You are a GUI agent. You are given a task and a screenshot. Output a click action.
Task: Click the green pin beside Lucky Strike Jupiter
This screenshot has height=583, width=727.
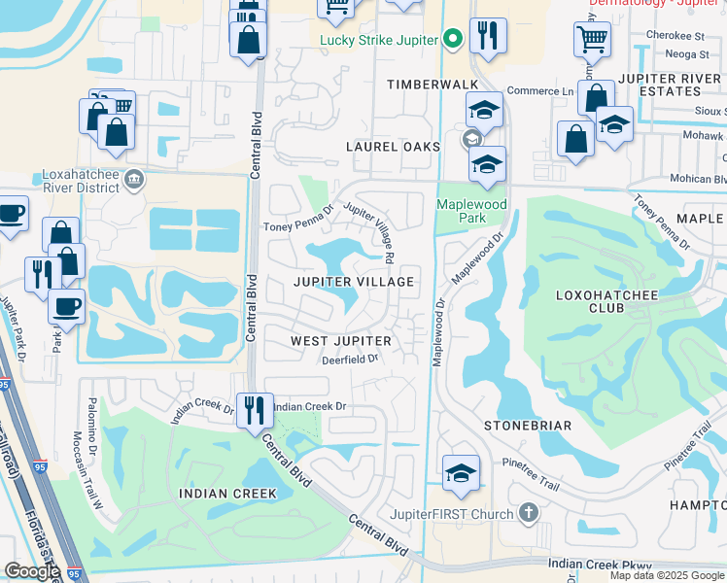(x=451, y=40)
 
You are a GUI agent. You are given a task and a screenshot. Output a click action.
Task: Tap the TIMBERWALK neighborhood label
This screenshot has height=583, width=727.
(x=433, y=86)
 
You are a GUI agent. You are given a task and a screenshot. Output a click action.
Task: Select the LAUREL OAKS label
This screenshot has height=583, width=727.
(x=394, y=147)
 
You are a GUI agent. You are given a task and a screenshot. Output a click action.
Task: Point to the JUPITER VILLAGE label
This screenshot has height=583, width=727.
(x=354, y=282)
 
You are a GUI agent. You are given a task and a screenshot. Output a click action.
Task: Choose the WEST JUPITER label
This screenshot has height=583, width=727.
(x=341, y=341)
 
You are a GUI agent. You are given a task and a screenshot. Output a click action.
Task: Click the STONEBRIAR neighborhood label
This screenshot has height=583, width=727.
(x=528, y=426)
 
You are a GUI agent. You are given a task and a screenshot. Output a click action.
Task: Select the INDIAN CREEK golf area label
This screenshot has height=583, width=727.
(x=227, y=494)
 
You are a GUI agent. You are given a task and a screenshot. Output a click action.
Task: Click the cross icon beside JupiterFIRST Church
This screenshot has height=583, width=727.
(x=528, y=512)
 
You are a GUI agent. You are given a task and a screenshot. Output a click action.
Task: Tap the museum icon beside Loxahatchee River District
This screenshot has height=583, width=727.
(x=134, y=179)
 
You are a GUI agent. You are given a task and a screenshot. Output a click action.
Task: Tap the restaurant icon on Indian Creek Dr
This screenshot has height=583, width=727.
(x=255, y=408)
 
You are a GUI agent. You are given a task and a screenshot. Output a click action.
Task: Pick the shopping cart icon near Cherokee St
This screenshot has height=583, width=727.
(x=592, y=39)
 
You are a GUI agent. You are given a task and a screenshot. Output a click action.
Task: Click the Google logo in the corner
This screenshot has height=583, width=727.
(x=31, y=571)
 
